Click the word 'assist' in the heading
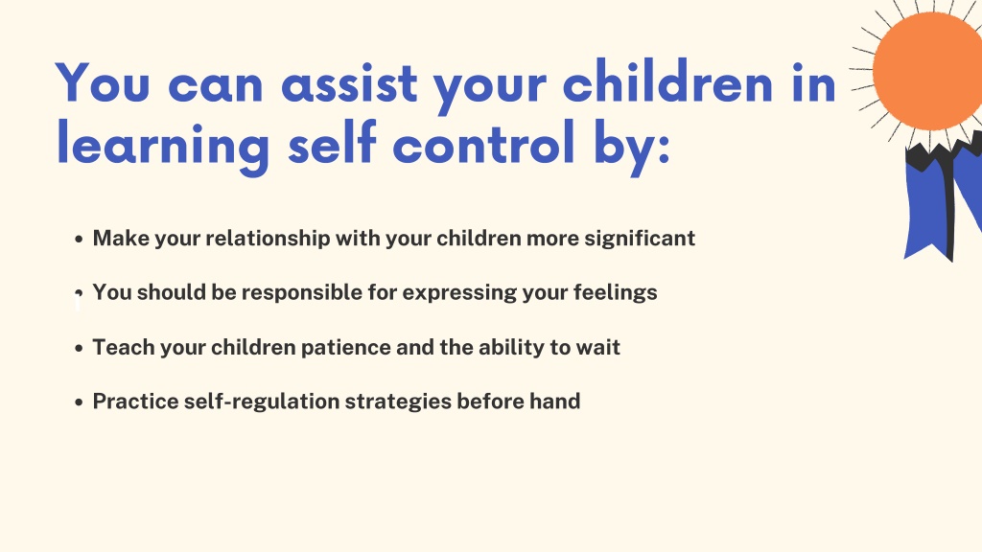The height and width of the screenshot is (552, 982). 349,83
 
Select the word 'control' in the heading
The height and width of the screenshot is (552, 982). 484,143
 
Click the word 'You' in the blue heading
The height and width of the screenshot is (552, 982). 103,82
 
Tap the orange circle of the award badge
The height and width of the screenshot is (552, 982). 927,71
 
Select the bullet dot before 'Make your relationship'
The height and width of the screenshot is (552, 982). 79,239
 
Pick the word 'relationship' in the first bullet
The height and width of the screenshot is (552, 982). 269,239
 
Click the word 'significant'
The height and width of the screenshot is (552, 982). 640,239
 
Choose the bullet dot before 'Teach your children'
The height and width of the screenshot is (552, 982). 79,348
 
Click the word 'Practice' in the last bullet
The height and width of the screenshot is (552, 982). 135,402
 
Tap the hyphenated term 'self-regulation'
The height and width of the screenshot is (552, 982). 262,402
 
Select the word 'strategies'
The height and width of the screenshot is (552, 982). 398,402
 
